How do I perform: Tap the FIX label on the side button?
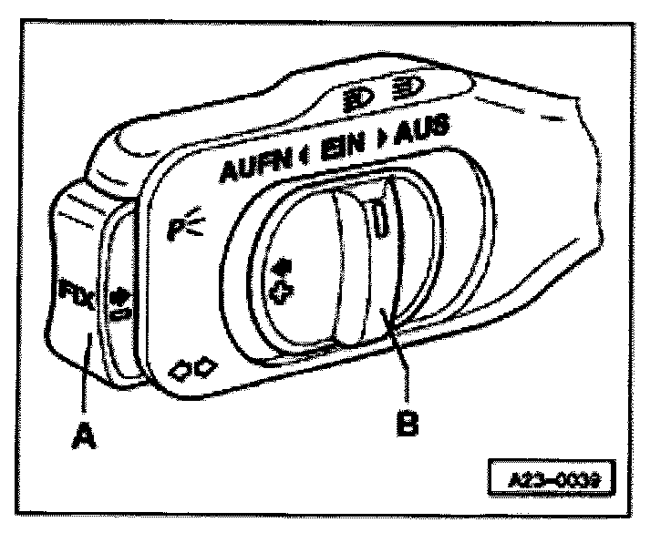click(x=72, y=296)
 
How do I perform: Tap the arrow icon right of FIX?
click(x=117, y=299)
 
